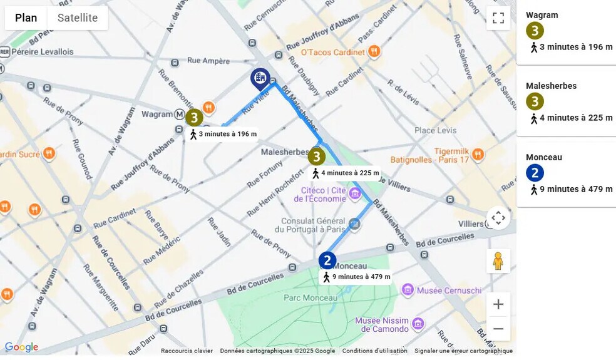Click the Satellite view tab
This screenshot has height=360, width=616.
(x=78, y=18)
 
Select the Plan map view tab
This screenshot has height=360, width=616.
(x=26, y=18)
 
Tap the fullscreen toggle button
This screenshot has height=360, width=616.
(x=498, y=18)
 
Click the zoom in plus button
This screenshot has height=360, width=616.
(x=498, y=304)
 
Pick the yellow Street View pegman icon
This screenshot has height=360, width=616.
(x=498, y=260)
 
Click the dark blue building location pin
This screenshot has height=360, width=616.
(x=260, y=78)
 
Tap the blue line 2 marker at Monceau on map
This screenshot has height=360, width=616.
(x=327, y=260)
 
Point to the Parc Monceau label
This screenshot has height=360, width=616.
(x=311, y=297)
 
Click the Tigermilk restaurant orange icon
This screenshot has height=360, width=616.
(x=478, y=154)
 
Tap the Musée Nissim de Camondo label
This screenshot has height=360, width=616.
(x=382, y=324)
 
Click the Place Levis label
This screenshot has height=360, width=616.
(x=436, y=130)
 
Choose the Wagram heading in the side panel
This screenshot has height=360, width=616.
(x=542, y=15)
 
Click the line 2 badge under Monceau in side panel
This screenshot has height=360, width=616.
(x=535, y=173)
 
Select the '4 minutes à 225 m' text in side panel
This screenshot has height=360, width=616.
(x=575, y=118)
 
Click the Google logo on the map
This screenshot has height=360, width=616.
(x=22, y=347)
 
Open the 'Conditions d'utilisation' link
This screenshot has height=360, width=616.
(x=374, y=351)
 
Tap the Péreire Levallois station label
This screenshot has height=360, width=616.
(x=43, y=52)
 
